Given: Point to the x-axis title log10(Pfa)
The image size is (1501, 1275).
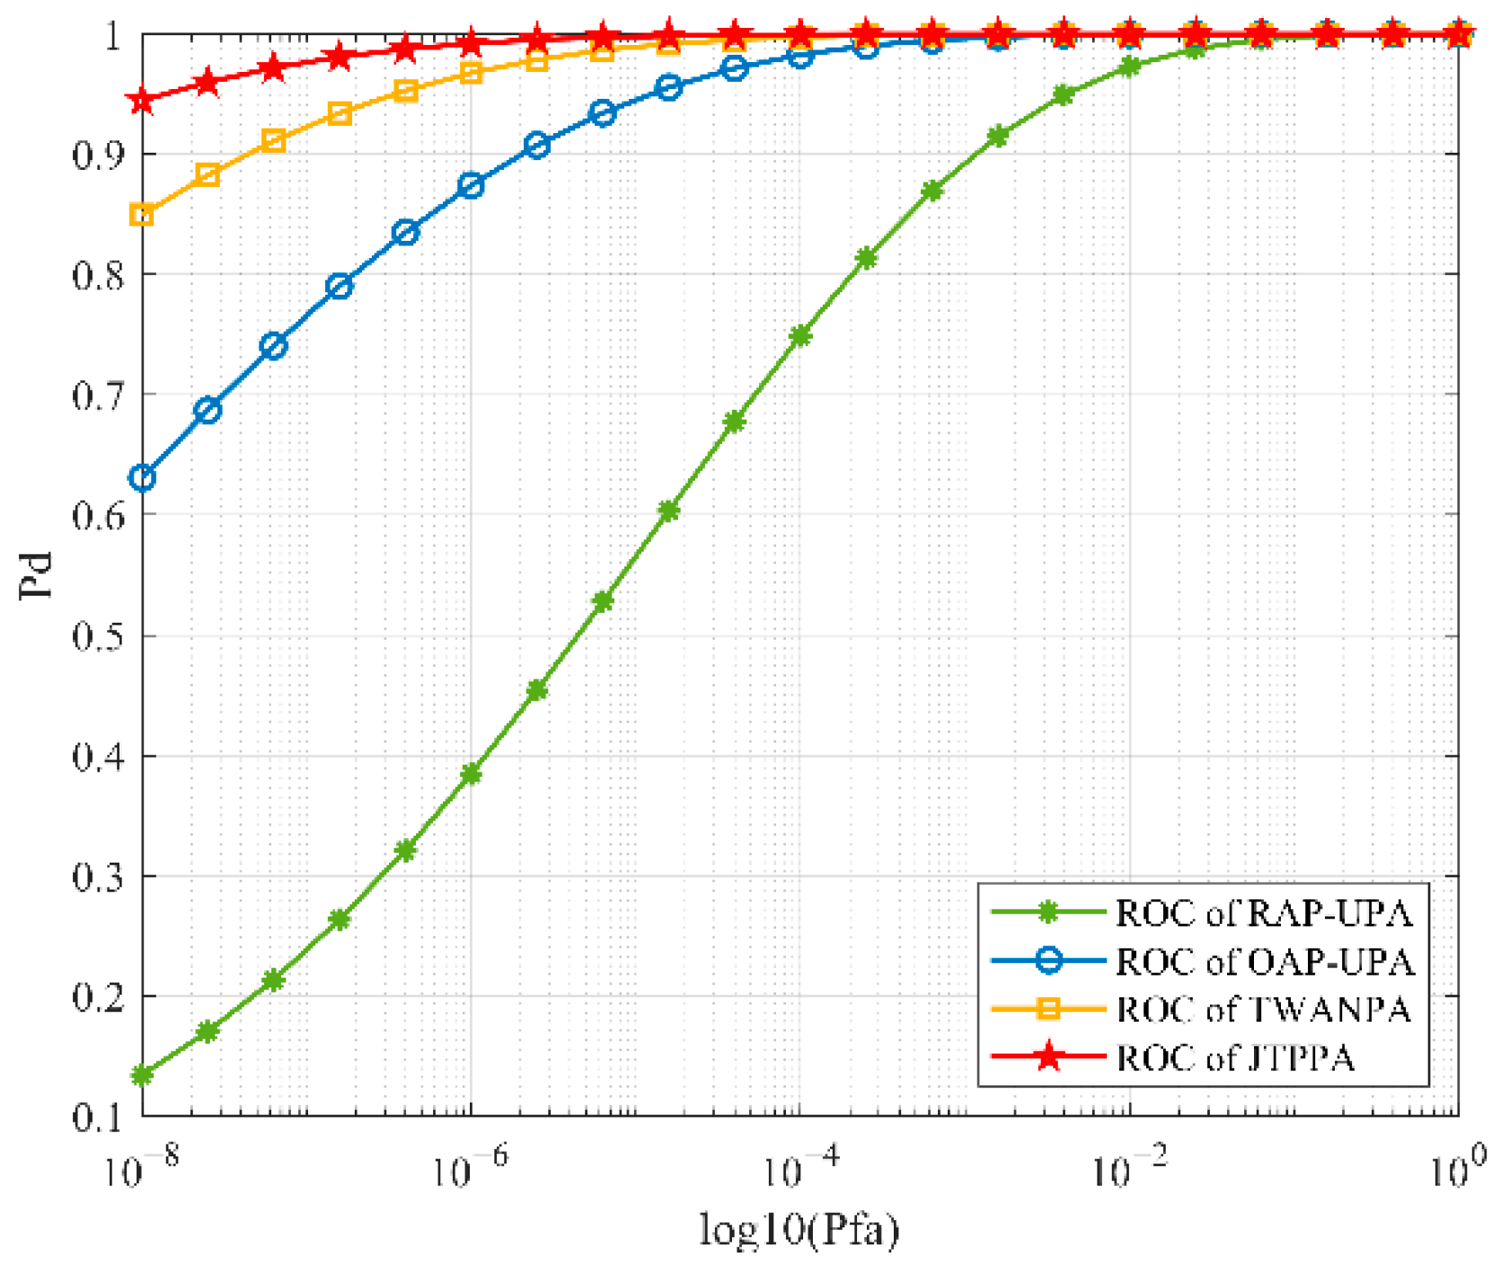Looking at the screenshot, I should point(799,1230).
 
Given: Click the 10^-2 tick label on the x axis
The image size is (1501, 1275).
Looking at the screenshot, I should point(1128,1168).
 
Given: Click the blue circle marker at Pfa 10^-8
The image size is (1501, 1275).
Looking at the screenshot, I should point(142,478).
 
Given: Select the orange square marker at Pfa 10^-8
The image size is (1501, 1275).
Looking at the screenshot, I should point(142,215).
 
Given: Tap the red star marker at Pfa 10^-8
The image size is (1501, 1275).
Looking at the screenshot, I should point(142,100).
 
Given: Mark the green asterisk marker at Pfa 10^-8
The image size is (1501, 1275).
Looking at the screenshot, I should point(142,1075).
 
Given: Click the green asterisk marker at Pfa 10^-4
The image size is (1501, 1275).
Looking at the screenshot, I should point(799,337).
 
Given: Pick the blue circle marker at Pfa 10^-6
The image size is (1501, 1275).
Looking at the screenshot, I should point(471,186).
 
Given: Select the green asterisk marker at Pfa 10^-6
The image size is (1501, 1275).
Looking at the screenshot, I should point(471,774).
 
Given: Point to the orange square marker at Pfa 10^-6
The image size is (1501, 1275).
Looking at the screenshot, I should point(471,73).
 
